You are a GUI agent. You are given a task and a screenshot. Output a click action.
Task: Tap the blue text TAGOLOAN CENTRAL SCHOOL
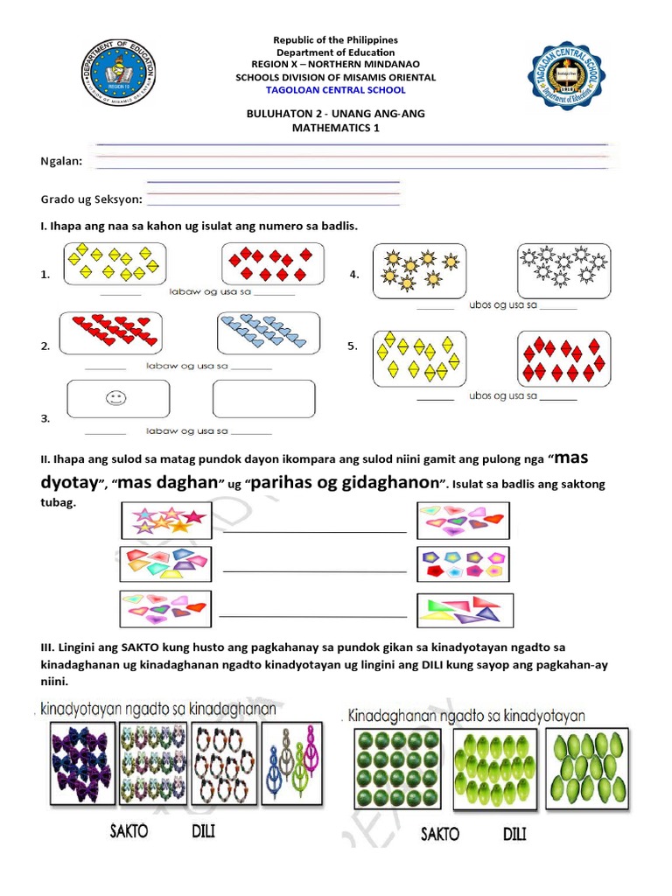tap(336, 90)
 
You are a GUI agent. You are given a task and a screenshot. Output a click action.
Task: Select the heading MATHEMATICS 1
tap(336, 128)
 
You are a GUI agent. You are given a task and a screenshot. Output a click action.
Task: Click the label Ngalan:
tap(62, 162)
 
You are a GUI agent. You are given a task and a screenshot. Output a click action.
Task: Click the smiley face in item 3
tap(115, 399)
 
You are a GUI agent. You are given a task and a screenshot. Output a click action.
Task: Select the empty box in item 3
tap(263, 401)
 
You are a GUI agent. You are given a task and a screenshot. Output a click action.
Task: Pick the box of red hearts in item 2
tap(113, 333)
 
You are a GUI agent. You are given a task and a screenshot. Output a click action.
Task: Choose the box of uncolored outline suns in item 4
tap(563, 269)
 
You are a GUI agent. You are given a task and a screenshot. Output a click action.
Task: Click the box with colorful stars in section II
tap(165, 520)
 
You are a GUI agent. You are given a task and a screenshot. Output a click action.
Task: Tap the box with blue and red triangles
tap(465, 610)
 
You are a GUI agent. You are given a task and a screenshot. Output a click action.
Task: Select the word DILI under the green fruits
tap(514, 834)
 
